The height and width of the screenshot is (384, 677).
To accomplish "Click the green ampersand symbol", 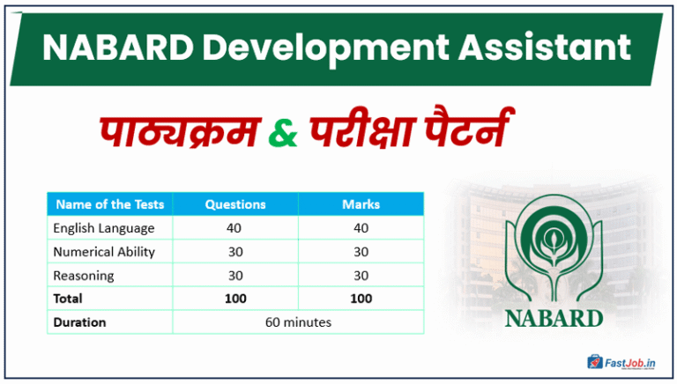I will pyautogui.click(x=281, y=135).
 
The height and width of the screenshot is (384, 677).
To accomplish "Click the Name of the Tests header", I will pyautogui.click(x=109, y=204).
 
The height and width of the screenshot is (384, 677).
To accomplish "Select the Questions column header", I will pyautogui.click(x=235, y=204).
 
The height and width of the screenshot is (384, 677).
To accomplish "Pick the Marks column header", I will pyautogui.click(x=361, y=204).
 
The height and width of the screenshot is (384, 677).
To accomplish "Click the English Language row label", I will pyautogui.click(x=104, y=228).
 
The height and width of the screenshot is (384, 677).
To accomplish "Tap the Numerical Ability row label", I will pyautogui.click(x=104, y=252).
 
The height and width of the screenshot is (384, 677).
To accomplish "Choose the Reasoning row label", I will pyautogui.click(x=84, y=276).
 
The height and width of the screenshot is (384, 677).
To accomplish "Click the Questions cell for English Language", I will pyautogui.click(x=235, y=228).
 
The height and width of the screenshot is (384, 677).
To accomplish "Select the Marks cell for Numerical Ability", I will pyautogui.click(x=361, y=252).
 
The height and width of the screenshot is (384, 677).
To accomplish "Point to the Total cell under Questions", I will pyautogui.click(x=235, y=299).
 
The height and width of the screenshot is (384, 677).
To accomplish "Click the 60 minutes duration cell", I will pyautogui.click(x=298, y=322).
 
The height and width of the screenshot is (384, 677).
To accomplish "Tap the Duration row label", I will pyautogui.click(x=79, y=322).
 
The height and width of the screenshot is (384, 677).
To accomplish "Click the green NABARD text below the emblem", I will pyautogui.click(x=554, y=317).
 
